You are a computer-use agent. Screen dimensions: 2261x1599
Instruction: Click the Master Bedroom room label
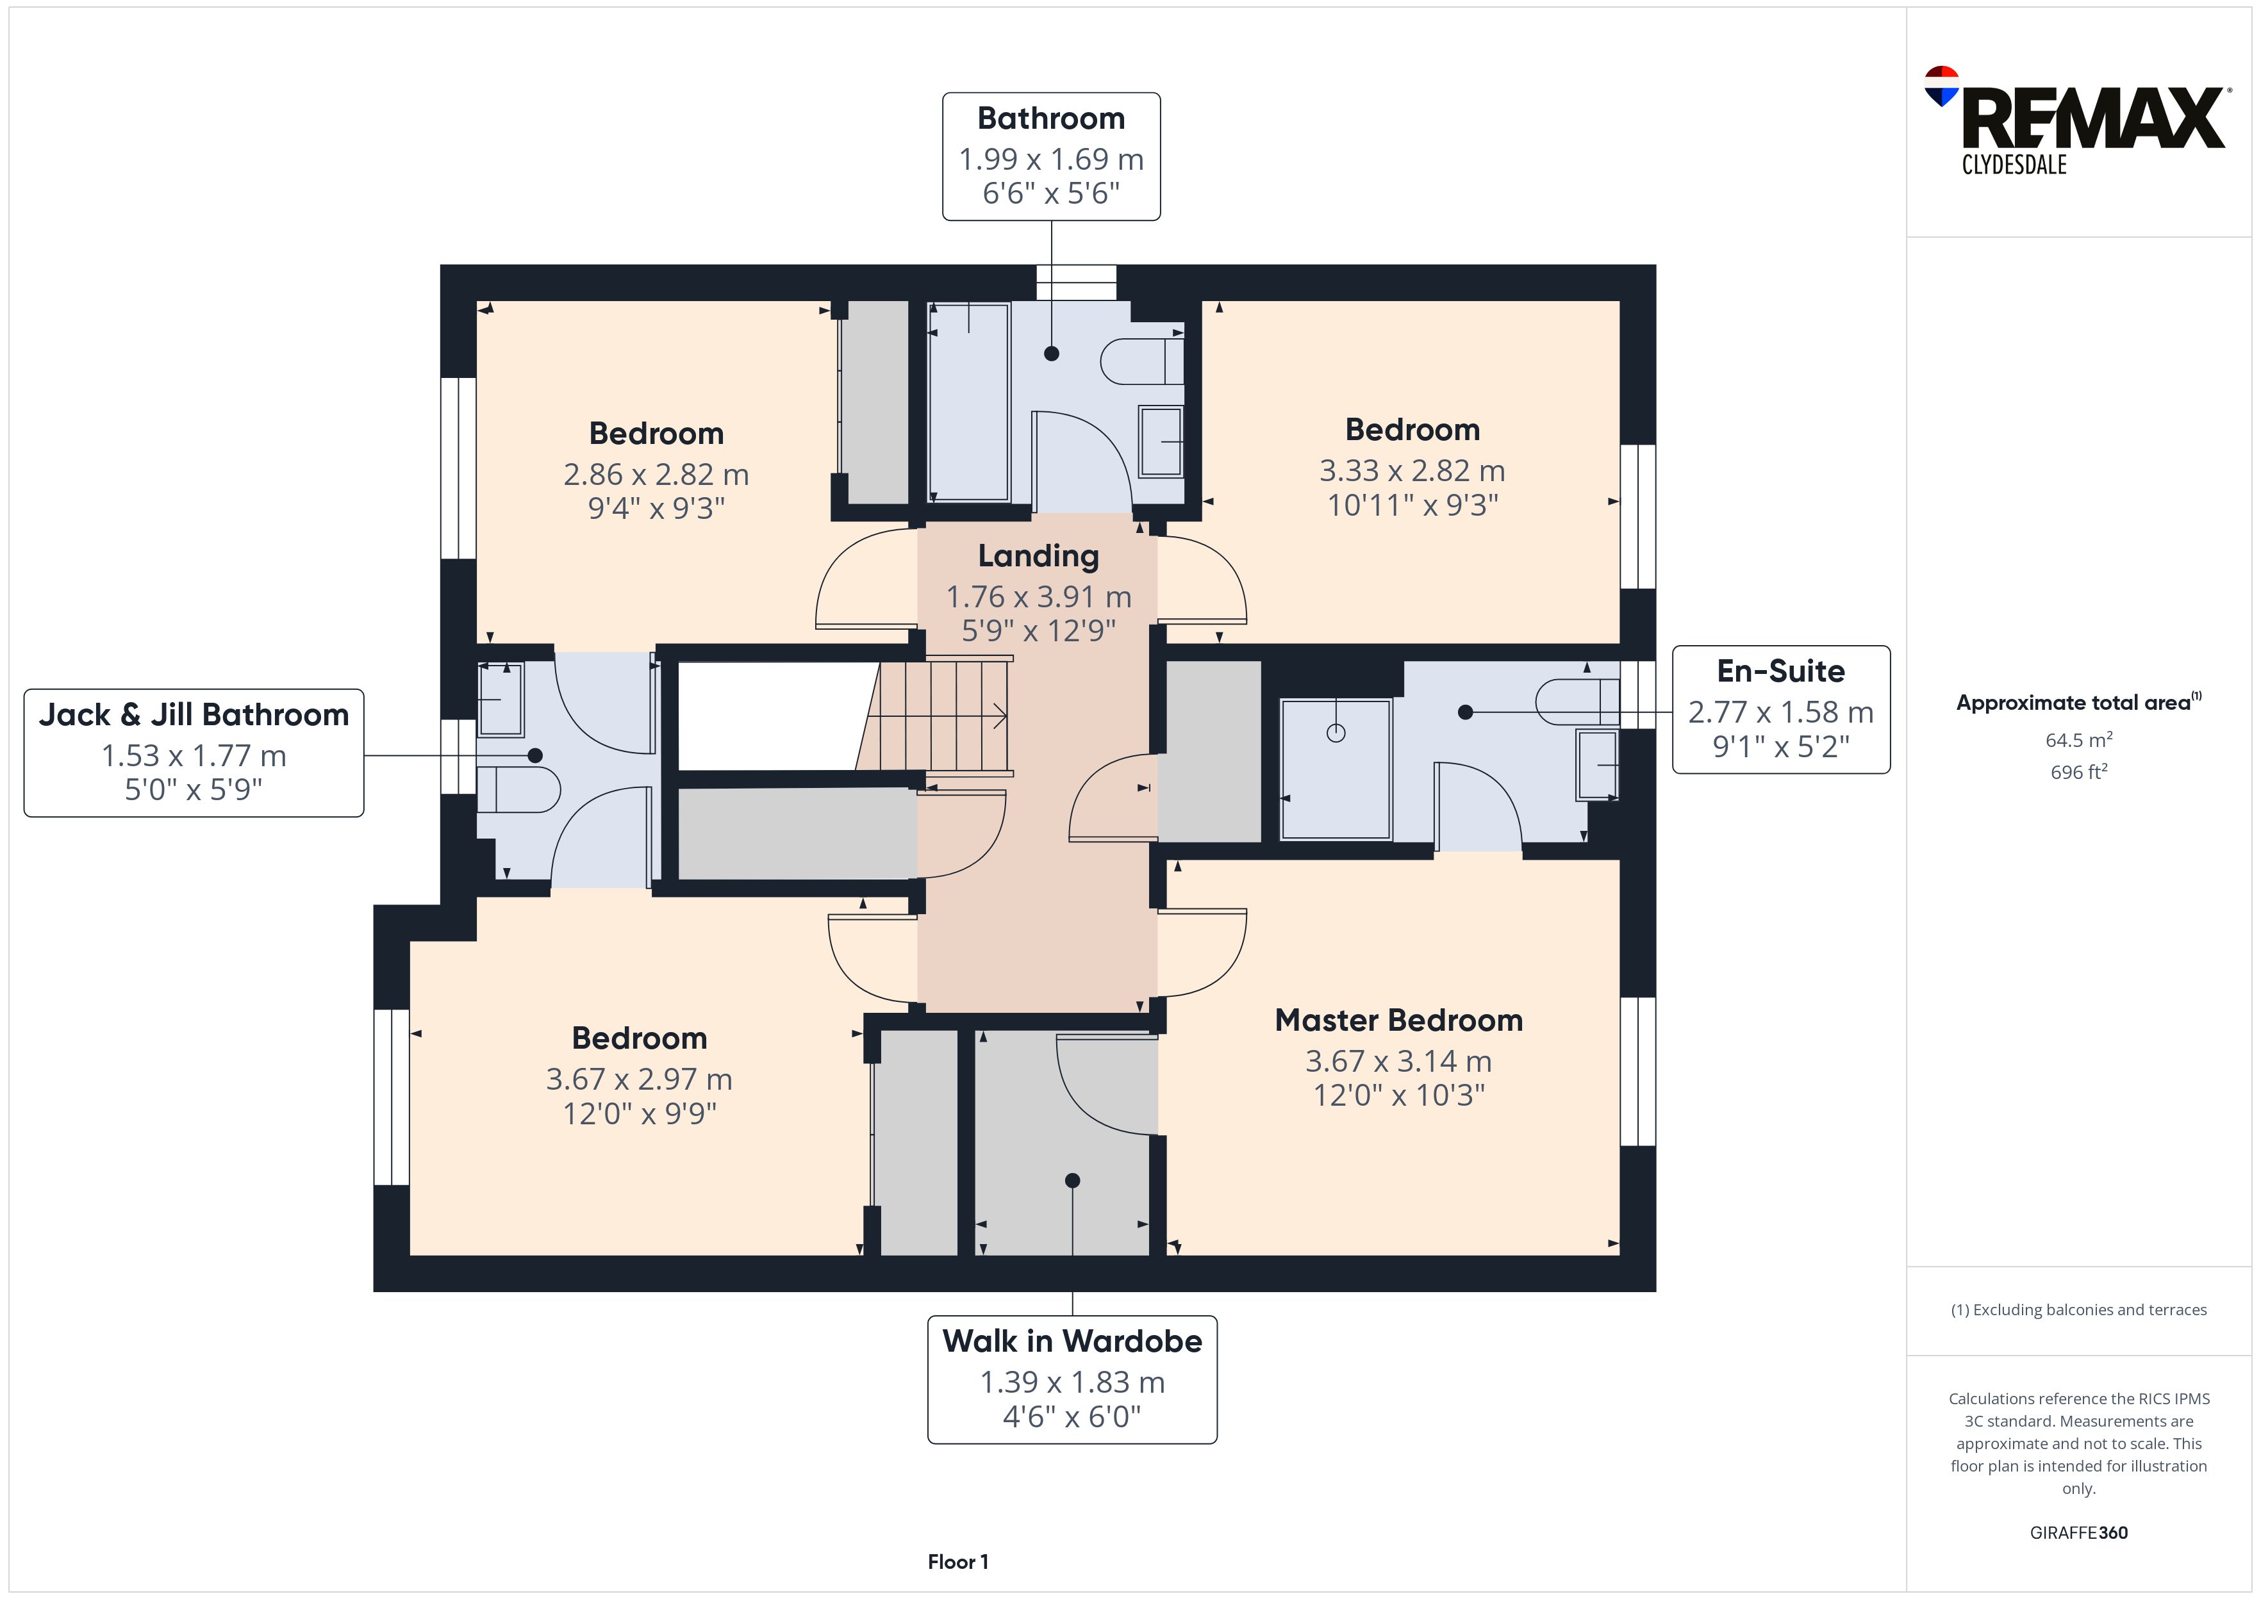1398,1020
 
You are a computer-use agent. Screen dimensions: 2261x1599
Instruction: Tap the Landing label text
1038,556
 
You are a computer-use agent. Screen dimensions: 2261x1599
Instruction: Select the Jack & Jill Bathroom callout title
194,715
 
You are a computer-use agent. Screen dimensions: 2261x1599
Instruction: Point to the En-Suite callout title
1780,671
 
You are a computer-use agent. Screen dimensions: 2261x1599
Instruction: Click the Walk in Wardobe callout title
1072,1341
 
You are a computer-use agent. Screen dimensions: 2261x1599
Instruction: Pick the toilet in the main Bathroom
1142,361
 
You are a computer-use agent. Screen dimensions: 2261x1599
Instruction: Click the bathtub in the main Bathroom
969,401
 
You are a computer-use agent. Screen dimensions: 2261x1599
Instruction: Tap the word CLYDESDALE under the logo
2014,165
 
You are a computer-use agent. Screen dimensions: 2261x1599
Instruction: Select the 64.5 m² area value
2078,739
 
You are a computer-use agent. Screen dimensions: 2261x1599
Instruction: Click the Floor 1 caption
957,1562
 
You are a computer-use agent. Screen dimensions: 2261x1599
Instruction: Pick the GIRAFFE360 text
2078,1532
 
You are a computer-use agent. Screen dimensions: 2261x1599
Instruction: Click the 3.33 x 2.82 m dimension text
1412,471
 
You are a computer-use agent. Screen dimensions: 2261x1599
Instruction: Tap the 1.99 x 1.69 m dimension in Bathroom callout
1051,158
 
